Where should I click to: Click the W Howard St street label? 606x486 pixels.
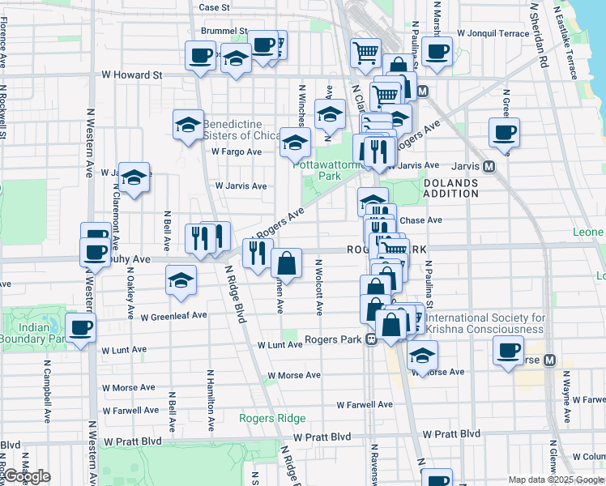pos(131,75)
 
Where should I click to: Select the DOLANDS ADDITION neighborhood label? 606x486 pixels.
pos(450,188)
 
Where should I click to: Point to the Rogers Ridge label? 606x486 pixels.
pos(272,418)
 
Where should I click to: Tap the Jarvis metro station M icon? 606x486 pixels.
pos(489,166)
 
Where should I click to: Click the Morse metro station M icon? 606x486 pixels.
pos(549,360)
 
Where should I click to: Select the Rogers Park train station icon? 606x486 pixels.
pos(370,339)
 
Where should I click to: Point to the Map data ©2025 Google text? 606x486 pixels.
pos(555,480)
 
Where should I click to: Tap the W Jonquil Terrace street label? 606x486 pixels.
pos(493,33)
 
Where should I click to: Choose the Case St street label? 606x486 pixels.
pos(215,7)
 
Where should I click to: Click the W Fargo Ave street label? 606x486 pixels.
pos(237,151)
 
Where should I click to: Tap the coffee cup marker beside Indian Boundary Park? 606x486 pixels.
pos(80,328)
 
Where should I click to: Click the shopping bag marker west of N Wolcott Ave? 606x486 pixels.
pos(287,262)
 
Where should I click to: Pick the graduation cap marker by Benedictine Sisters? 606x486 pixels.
pos(188,125)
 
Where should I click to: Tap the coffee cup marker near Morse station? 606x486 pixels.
pos(508,351)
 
